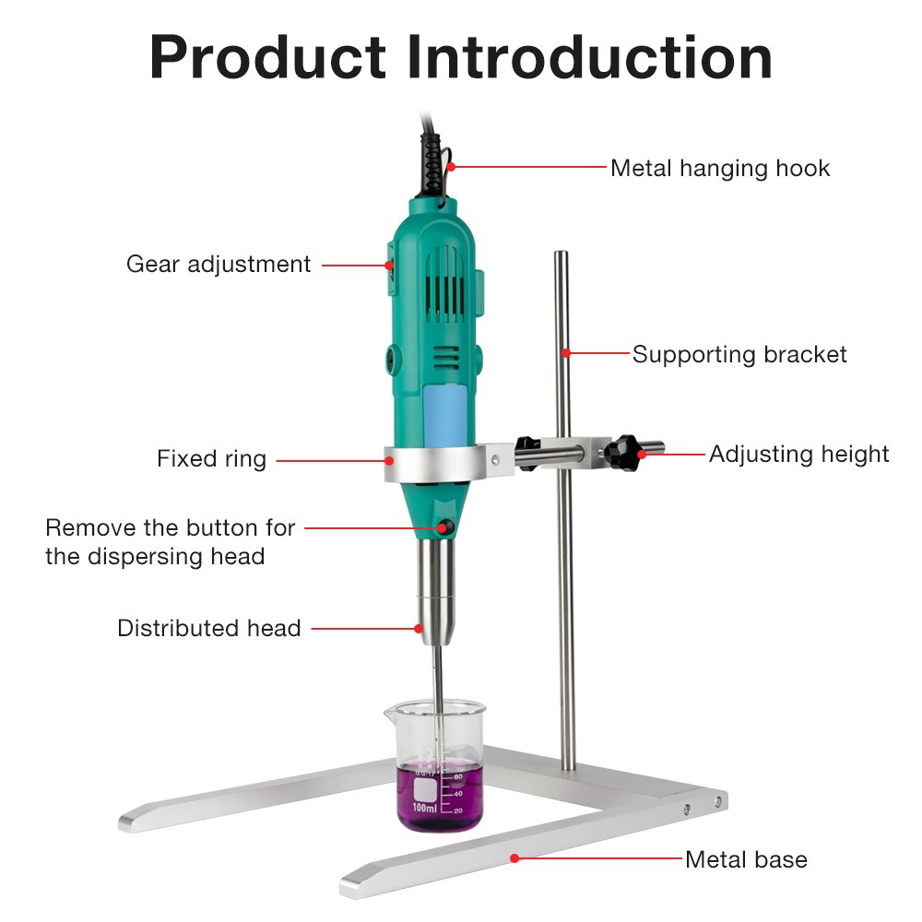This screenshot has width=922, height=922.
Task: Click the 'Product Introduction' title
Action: point(461,57)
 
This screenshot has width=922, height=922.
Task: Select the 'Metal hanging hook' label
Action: point(720,168)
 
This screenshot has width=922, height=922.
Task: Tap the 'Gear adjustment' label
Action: point(219,265)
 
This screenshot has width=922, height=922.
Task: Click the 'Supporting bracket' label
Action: point(739,355)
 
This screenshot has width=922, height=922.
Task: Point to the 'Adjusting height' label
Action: point(798,455)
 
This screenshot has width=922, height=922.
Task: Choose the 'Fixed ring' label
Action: point(211,458)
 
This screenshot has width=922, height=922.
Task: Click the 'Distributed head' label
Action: point(208,628)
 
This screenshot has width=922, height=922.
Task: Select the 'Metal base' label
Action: point(746,859)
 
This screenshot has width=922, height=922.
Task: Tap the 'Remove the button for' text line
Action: point(170,527)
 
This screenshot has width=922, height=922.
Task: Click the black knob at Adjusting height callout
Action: point(624,452)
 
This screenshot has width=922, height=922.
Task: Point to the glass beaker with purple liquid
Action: point(436,765)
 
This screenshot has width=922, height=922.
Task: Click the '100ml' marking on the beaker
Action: point(424,808)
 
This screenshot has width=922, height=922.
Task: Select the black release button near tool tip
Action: point(446,526)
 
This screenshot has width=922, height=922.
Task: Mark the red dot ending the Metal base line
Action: point(514,858)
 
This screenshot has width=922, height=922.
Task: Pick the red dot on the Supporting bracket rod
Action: point(566,353)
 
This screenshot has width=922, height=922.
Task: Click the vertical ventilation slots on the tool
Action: point(444,283)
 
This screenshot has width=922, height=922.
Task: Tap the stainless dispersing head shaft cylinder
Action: point(436,592)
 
